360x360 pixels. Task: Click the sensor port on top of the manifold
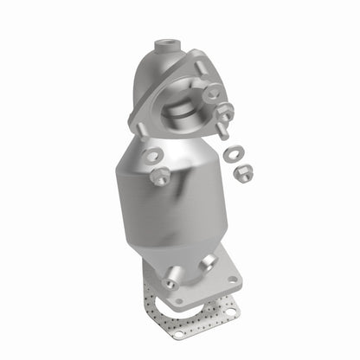(x=164, y=43)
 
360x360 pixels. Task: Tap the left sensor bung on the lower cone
(x=172, y=280)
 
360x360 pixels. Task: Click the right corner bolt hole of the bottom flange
(x=233, y=279)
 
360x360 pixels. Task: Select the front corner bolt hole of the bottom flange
(x=178, y=303)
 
